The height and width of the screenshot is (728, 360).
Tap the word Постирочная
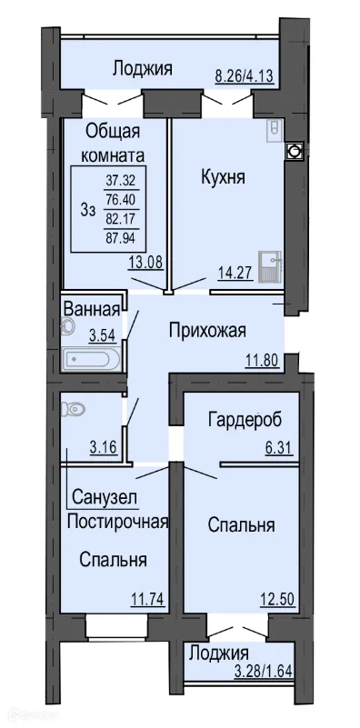[119, 521]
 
